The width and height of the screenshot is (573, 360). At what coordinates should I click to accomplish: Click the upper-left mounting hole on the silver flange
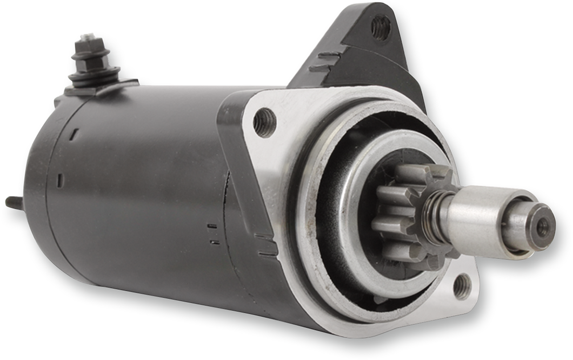pos(264,122)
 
